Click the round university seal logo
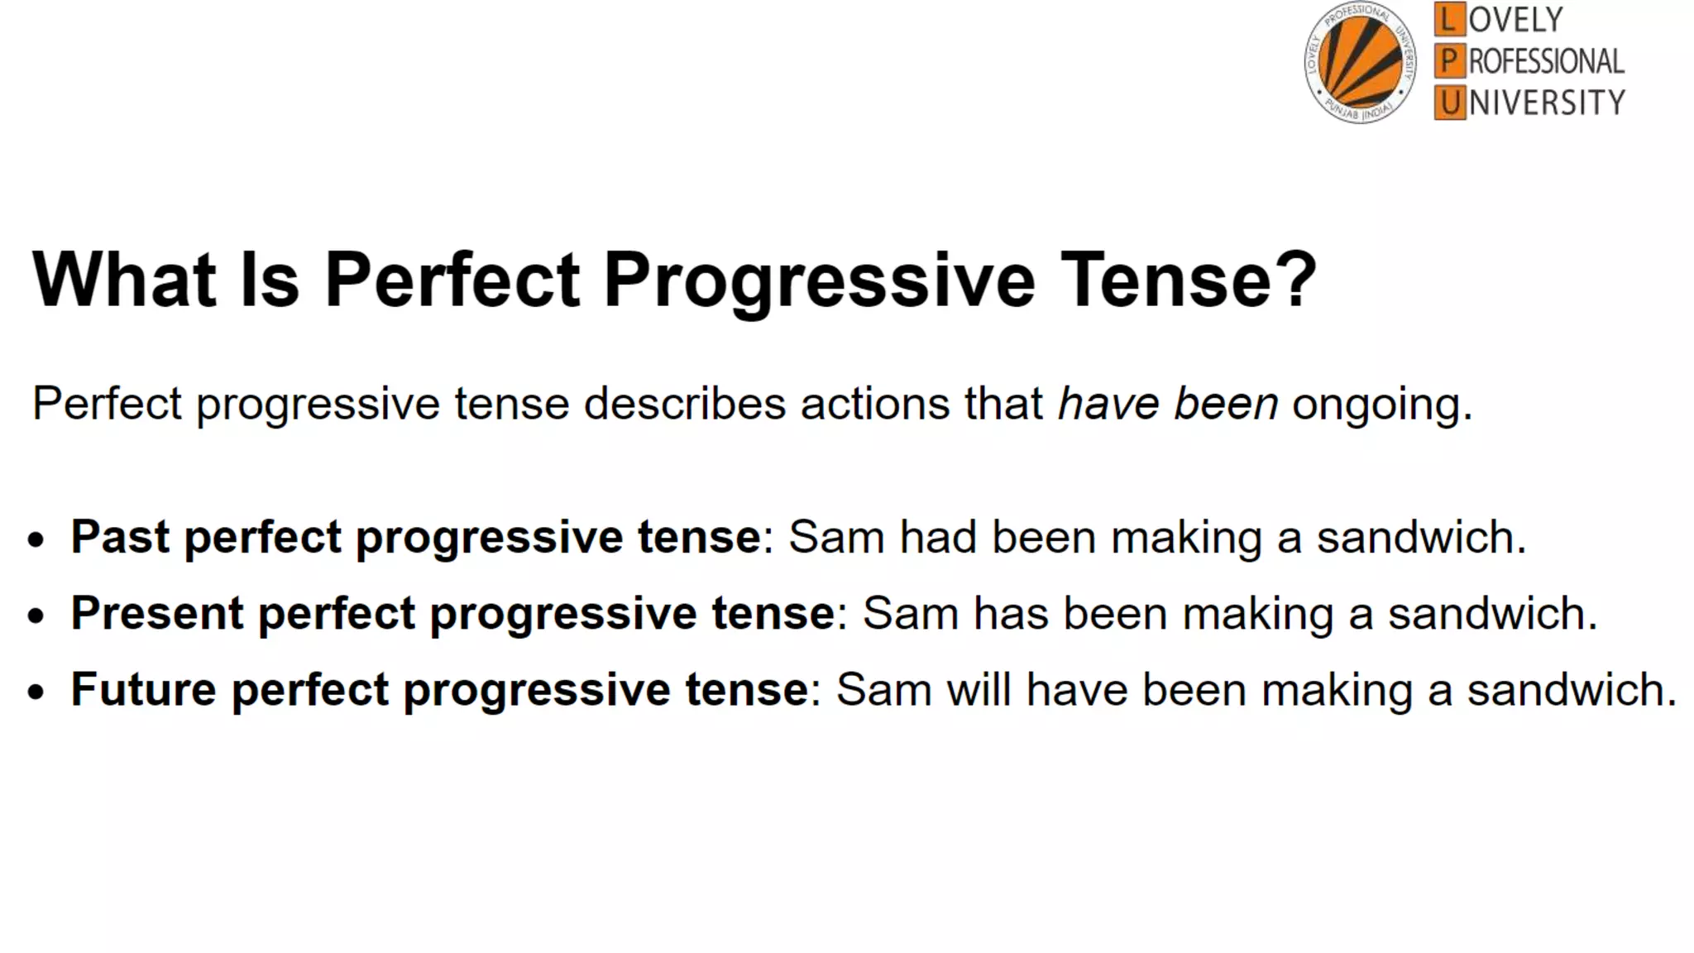point(1360,63)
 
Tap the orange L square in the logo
point(1448,19)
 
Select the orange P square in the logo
point(1448,61)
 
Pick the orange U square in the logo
point(1448,103)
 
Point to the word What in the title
point(124,280)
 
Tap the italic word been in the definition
point(1226,404)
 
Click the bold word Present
point(156,613)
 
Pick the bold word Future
point(143,689)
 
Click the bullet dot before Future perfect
point(36,692)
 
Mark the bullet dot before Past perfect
point(36,539)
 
